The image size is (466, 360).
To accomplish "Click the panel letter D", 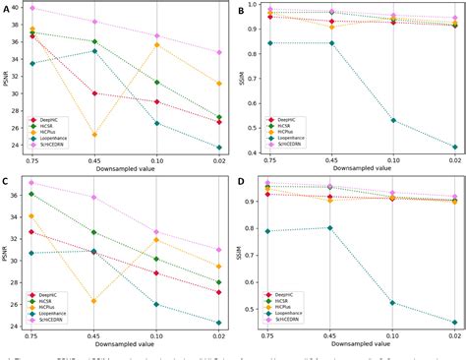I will point(242,182).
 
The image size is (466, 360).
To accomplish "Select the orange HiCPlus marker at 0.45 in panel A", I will point(94,135).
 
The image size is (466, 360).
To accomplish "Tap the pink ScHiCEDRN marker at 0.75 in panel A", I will point(32,8).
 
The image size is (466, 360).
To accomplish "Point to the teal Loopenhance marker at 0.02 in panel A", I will point(218,148).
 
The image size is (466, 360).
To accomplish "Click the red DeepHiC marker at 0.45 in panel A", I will point(94,93).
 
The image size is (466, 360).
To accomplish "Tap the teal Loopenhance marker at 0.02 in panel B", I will point(454,147).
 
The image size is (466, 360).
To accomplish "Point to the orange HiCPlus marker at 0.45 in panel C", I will point(94,301).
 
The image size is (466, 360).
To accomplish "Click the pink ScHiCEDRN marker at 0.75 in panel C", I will point(32,183).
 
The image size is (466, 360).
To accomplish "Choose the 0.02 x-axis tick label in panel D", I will point(454,337).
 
